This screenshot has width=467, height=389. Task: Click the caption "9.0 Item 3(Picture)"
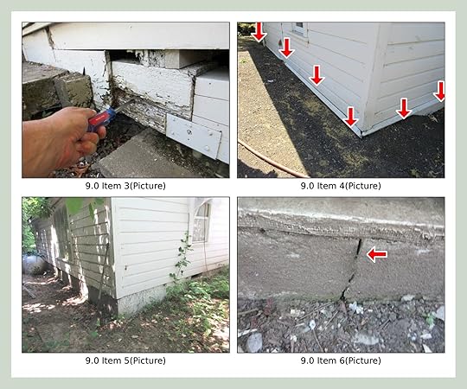[x=125, y=186]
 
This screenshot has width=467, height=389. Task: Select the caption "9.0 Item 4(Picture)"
[x=341, y=186]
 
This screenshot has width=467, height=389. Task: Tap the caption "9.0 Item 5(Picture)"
[x=125, y=360]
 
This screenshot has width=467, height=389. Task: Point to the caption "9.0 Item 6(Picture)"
[x=341, y=360]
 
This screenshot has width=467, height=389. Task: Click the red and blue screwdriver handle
[x=101, y=119]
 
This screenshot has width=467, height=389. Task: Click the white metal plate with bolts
[x=194, y=136]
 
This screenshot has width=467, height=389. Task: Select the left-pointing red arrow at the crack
[x=377, y=254]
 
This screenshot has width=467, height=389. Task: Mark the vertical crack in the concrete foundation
[x=353, y=270]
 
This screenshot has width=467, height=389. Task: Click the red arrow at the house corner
[x=350, y=117]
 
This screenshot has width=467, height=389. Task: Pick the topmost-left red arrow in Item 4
[x=259, y=32]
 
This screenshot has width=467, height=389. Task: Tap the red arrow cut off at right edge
[x=440, y=91]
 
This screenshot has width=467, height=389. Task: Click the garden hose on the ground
[x=270, y=159]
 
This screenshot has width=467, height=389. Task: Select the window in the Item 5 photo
[x=201, y=222]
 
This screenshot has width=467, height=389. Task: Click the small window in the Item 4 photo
[x=299, y=29]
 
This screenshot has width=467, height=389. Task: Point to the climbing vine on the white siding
[x=182, y=258]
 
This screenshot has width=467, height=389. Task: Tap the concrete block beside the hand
[x=73, y=91]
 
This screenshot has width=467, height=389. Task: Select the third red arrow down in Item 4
[x=317, y=75]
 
